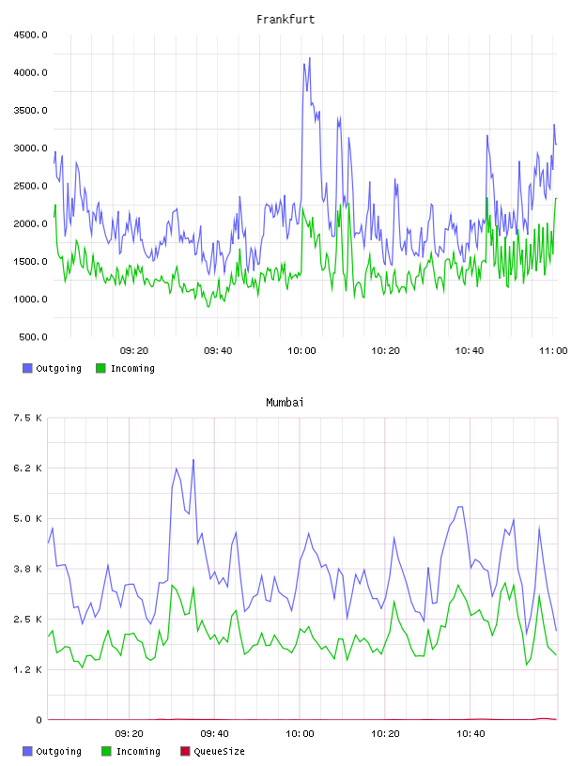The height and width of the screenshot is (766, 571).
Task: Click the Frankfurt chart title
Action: (x=285, y=20)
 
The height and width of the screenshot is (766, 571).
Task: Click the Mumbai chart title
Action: (x=285, y=403)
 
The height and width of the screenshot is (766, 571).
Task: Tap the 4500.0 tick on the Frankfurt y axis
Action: (x=30, y=35)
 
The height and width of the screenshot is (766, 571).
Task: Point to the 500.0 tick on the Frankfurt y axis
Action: (x=33, y=337)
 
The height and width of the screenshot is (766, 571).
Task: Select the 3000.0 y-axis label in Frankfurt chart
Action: (x=30, y=148)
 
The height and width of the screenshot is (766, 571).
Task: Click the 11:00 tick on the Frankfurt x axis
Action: (x=553, y=351)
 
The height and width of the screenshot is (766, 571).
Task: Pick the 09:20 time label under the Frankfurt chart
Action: (x=134, y=351)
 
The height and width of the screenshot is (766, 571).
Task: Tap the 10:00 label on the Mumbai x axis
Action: (x=300, y=734)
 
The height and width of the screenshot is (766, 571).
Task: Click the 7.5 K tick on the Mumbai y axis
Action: (x=28, y=418)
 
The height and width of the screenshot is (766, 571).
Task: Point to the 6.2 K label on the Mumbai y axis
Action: (x=28, y=468)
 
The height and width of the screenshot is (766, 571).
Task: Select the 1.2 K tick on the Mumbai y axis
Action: (x=28, y=669)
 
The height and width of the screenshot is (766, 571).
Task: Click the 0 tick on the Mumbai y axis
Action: (x=39, y=720)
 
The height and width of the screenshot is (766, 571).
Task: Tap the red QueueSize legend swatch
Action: (x=185, y=751)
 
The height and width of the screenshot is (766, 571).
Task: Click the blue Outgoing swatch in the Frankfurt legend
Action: (x=27, y=368)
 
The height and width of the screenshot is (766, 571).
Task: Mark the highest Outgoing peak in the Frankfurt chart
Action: (x=310, y=58)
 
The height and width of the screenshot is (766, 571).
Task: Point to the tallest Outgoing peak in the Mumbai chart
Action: (x=193, y=460)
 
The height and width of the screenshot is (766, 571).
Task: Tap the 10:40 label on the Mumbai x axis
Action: (x=471, y=734)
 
